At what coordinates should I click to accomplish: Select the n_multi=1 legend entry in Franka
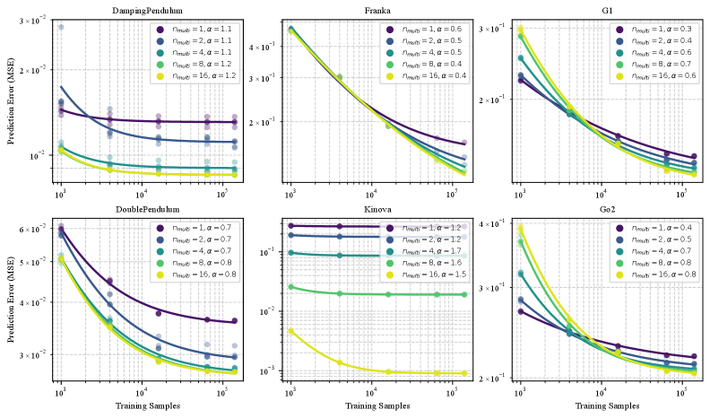429,29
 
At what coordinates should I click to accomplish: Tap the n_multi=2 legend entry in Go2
658,240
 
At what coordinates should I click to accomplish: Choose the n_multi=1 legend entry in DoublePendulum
198,228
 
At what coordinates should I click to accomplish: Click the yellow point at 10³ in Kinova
290,331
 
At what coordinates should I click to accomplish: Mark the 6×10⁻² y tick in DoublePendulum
37,230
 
